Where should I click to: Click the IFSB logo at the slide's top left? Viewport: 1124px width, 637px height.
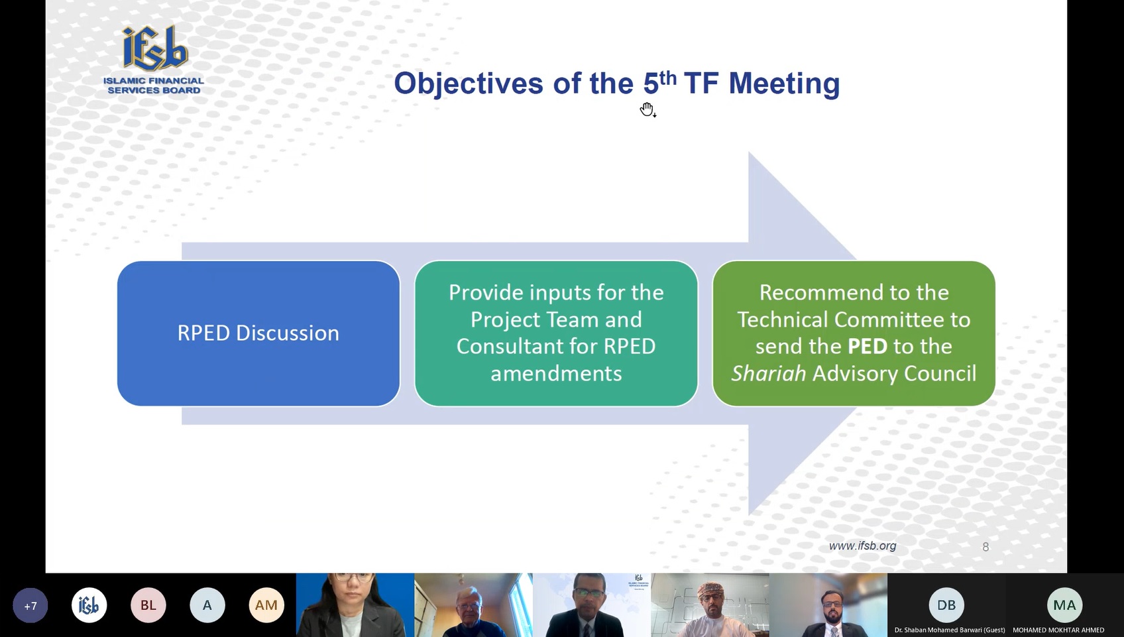154,59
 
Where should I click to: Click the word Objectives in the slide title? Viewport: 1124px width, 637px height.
468,84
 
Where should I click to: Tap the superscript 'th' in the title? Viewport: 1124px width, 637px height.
668,78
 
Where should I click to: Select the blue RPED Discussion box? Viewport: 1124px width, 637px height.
258,333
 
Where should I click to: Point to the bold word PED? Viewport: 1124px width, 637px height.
868,346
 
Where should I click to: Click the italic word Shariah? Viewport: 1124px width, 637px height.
769,373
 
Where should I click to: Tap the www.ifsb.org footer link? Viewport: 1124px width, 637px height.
862,546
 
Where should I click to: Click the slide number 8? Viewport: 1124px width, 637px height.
985,547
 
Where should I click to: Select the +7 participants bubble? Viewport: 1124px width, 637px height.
30,605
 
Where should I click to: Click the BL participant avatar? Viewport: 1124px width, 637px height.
148,605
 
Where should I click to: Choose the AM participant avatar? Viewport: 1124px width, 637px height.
266,605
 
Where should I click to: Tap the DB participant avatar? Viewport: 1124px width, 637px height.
946,605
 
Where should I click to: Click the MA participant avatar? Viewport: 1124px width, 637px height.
1065,605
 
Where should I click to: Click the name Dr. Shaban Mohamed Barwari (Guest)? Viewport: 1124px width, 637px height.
950,630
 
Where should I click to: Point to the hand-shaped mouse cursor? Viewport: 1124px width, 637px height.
647,109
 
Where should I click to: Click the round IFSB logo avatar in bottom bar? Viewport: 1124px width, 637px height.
89,605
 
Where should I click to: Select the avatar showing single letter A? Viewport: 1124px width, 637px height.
207,605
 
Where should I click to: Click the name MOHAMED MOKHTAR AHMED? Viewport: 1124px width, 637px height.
1058,630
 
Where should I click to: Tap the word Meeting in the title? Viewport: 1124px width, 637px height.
784,84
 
